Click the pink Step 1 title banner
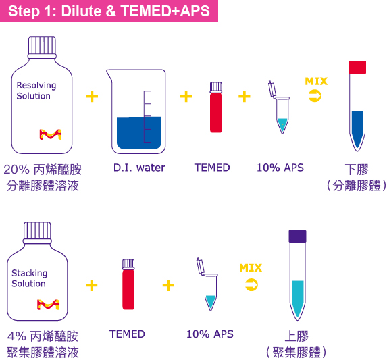tap(109, 11)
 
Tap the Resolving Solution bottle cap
tap(42, 47)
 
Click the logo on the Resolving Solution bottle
tap(51, 134)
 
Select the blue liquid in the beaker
tap(139, 133)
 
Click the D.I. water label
tap(139, 168)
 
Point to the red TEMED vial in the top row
tap(216, 107)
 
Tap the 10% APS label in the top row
tap(280, 168)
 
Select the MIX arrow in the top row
tap(315, 96)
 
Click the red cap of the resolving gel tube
tap(357, 67)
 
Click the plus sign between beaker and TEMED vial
tap(186, 96)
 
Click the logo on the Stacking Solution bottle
tap(48, 305)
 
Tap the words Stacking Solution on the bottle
tap(29, 278)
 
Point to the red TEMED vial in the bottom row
tap(128, 284)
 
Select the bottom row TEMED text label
tap(127, 334)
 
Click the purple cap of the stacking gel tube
tap(297, 236)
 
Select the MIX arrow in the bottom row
tap(251, 285)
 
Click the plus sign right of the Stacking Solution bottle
tap(92, 286)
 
